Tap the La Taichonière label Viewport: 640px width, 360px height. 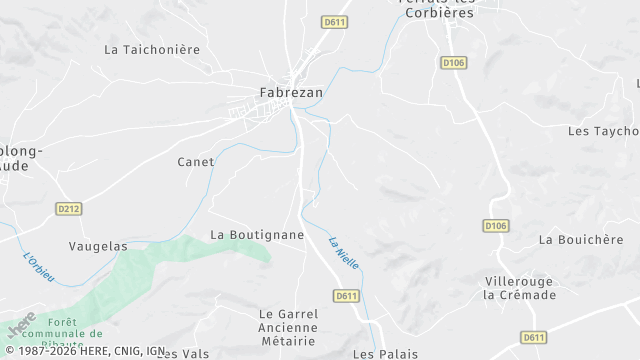[152, 49]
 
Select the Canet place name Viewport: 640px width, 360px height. [196, 162]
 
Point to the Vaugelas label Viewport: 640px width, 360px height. [98, 245]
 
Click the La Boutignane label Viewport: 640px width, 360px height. [257, 234]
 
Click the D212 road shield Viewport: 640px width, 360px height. [68, 208]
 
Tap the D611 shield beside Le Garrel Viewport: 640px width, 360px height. [346, 296]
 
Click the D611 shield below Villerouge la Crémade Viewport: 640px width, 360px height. [533, 337]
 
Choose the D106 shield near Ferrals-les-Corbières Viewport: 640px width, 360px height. [453, 62]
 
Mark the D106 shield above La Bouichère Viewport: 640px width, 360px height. [496, 226]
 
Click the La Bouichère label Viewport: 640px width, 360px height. [574, 240]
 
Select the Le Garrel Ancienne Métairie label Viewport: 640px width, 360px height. [288, 327]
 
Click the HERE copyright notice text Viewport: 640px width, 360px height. [84, 351]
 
